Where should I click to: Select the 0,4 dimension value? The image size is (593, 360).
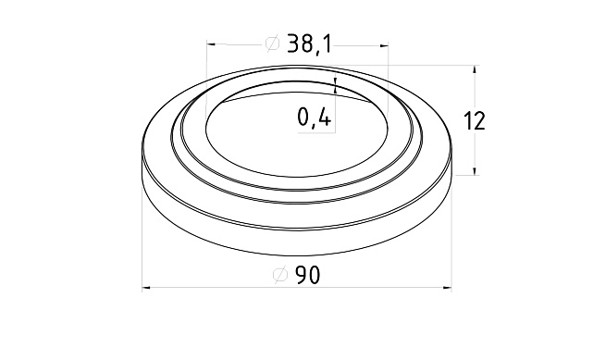(315, 118)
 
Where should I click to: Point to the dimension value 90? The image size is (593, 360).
(309, 275)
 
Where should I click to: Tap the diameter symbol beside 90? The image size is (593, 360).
(281, 275)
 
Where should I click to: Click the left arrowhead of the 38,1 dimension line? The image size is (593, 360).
(212, 43)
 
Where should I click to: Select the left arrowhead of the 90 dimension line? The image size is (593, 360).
(147, 290)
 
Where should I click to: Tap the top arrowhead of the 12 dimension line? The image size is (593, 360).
(476, 70)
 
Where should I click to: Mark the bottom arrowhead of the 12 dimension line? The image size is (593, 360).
(476, 170)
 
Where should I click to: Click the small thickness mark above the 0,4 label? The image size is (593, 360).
(335, 86)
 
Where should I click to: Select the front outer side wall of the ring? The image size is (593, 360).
(296, 235)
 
